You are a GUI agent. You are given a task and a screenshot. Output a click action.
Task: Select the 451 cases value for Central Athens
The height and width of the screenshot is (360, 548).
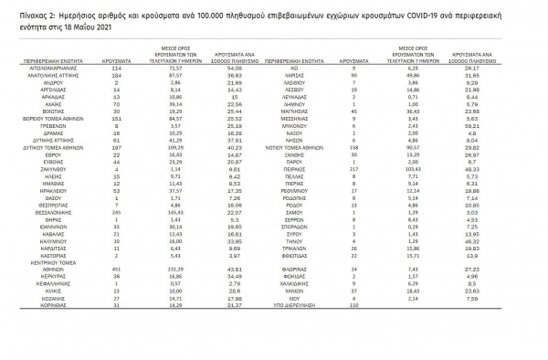pyautogui.click(x=115, y=269)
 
